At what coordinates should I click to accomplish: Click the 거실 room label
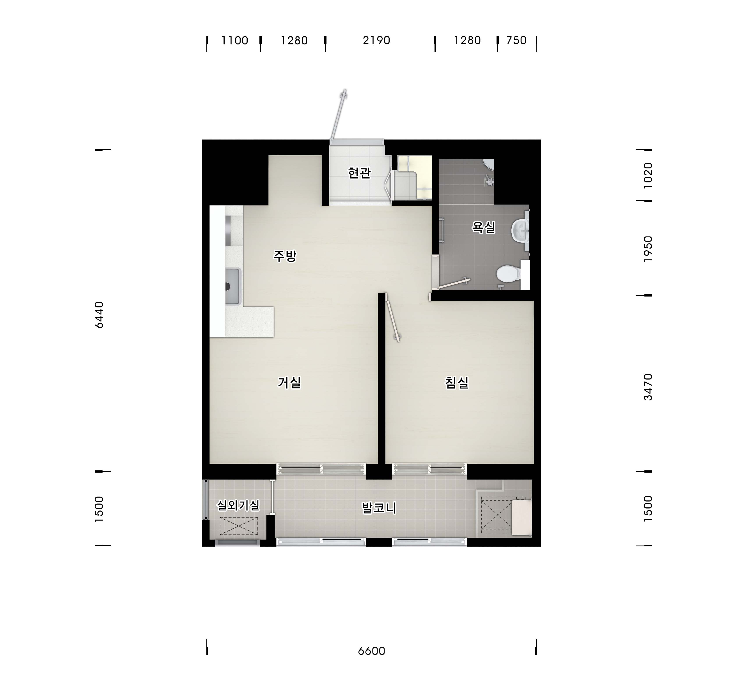289,382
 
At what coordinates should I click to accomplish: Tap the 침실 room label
457,382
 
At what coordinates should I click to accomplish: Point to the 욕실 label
483,227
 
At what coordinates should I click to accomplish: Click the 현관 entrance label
359,173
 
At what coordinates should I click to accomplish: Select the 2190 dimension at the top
376,40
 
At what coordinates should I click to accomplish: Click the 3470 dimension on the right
648,387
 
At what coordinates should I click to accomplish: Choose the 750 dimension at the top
516,40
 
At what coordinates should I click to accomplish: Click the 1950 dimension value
648,249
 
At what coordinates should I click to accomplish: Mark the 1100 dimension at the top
235,40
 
